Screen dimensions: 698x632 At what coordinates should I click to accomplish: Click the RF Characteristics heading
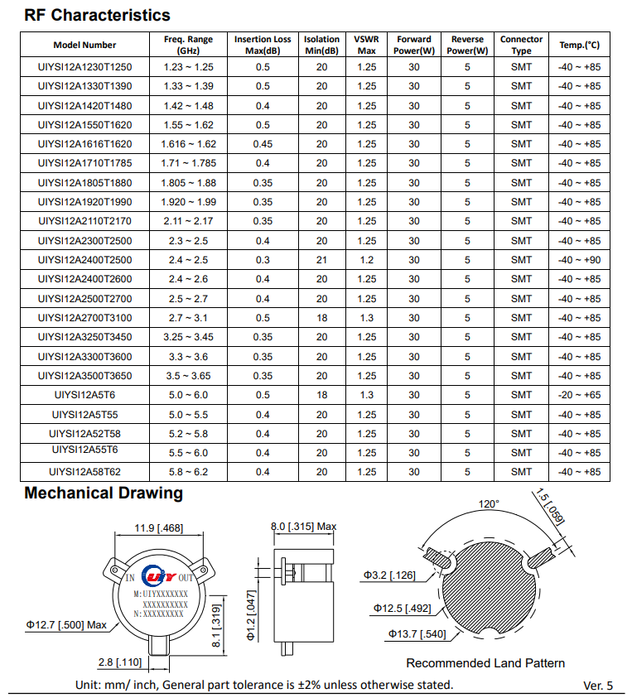[97, 15]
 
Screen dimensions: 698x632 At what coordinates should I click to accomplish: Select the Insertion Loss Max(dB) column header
[263, 45]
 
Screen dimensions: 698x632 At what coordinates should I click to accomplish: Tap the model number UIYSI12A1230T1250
[85, 67]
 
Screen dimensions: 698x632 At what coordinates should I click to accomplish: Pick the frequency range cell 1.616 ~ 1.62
[189, 144]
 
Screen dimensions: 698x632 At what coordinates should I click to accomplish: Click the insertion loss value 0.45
[263, 144]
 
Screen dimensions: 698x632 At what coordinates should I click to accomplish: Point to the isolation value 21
[321, 260]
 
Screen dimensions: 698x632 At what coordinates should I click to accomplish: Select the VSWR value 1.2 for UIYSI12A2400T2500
[366, 260]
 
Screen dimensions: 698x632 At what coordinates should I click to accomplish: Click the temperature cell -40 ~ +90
[579, 260]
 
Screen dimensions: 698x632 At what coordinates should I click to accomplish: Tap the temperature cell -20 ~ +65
[579, 395]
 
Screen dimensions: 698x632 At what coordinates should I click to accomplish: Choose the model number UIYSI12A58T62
[85, 472]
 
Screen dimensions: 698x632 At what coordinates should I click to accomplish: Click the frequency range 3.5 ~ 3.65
[189, 376]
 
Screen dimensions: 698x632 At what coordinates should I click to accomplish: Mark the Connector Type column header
[521, 45]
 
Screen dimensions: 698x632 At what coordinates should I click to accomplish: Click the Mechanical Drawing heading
[104, 493]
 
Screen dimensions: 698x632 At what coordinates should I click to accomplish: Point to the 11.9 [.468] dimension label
[159, 528]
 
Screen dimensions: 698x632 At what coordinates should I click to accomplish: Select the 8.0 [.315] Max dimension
[304, 527]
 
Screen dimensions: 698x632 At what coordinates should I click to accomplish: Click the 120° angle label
[490, 504]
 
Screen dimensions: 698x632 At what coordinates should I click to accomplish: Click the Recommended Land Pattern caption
[485, 663]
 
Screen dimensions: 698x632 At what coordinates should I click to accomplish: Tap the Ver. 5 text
[598, 686]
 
